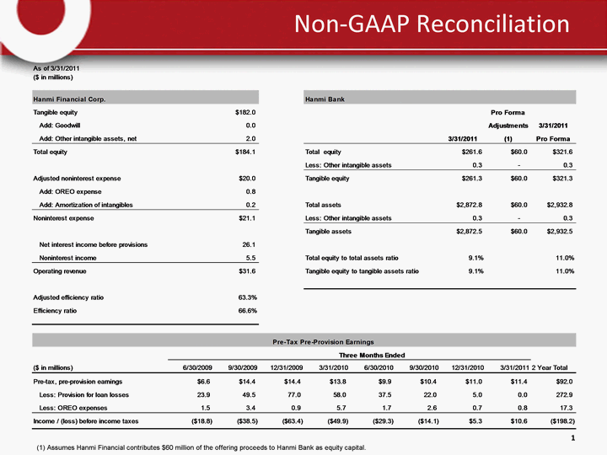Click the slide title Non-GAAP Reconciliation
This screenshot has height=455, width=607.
[x=431, y=25]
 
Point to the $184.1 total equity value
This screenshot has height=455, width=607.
[x=244, y=152]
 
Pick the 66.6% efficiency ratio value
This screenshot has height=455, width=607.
[x=247, y=310]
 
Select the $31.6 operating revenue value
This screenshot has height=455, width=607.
[x=245, y=271]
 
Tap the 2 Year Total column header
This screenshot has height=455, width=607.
[x=554, y=367]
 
